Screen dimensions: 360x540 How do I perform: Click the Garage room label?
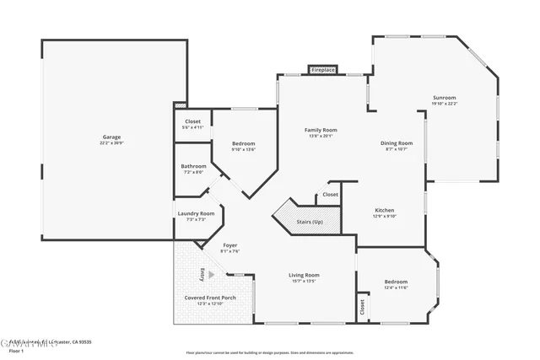(x=111, y=137)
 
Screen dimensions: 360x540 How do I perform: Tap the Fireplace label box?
(x=323, y=70)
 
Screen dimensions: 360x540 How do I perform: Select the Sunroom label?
(x=445, y=98)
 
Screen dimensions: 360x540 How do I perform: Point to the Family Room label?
(x=321, y=130)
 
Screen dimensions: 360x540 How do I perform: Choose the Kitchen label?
(x=384, y=210)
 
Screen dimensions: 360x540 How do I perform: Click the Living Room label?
(x=304, y=275)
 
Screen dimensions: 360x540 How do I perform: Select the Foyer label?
(x=229, y=245)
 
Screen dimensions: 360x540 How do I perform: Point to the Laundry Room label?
(x=196, y=213)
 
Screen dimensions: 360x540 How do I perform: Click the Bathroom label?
(x=193, y=166)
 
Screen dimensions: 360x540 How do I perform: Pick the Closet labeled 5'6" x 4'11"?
(x=192, y=121)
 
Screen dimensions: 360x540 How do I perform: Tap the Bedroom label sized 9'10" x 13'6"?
(x=244, y=143)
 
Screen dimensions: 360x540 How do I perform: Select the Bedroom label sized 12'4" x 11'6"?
(x=396, y=282)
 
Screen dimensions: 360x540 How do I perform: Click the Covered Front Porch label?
(x=210, y=298)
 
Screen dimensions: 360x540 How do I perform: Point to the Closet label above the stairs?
(x=330, y=195)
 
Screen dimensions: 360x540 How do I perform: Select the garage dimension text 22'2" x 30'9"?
(x=111, y=142)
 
